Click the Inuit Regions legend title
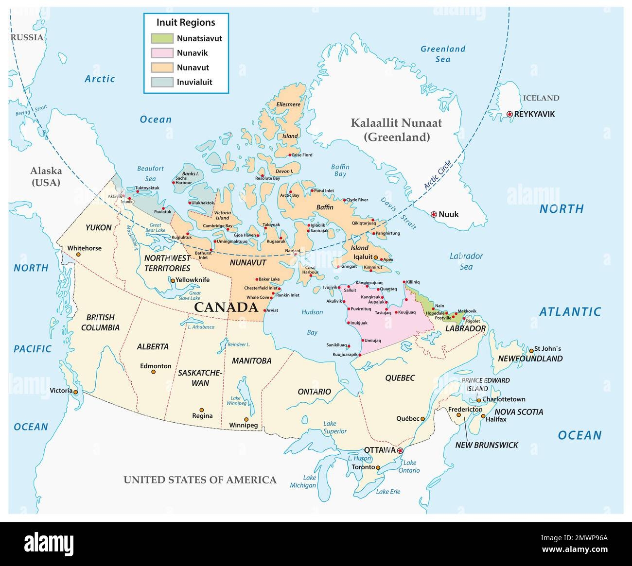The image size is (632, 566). coord(186,22)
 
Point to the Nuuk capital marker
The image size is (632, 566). coord(433,214)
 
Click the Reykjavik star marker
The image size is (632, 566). coord(509,114)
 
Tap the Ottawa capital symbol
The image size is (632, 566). coord(400,451)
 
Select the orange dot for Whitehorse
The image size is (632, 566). coord(78,254)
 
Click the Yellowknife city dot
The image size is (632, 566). coord(172,280)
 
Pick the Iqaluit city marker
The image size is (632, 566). coord(376,257)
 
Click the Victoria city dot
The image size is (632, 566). coord(75,391)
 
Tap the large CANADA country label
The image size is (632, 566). coord(226,307)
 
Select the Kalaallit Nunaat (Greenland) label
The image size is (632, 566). coord(397,130)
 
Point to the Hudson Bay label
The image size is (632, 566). coord(312,322)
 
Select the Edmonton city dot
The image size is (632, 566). coord(153,372)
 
